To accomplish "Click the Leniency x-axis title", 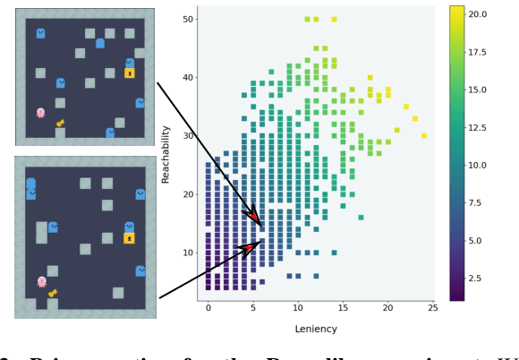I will pyautogui.click(x=316, y=329).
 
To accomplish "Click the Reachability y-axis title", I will pyautogui.click(x=166, y=154).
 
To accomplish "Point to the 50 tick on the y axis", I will pyautogui.click(x=189, y=19).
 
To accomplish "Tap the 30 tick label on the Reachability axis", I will pyautogui.click(x=189, y=135).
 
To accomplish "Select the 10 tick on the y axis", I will pyautogui.click(x=189, y=253).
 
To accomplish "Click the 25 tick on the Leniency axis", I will pyautogui.click(x=432, y=308).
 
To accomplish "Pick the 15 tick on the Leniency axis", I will pyautogui.click(x=343, y=308).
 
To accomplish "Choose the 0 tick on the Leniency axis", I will pyautogui.click(x=208, y=308).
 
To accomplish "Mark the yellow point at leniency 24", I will pyautogui.click(x=424, y=136).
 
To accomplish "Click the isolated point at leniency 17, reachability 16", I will pyautogui.click(x=361, y=217).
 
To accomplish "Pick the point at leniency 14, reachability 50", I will pyautogui.click(x=334, y=19).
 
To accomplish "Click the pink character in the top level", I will pyautogui.click(x=40, y=113).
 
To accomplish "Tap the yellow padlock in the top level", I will pyautogui.click(x=130, y=73).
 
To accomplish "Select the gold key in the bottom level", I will pyautogui.click(x=53, y=293).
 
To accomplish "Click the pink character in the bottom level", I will pyautogui.click(x=41, y=282).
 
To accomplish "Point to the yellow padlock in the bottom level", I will pyautogui.click(x=130, y=238).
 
